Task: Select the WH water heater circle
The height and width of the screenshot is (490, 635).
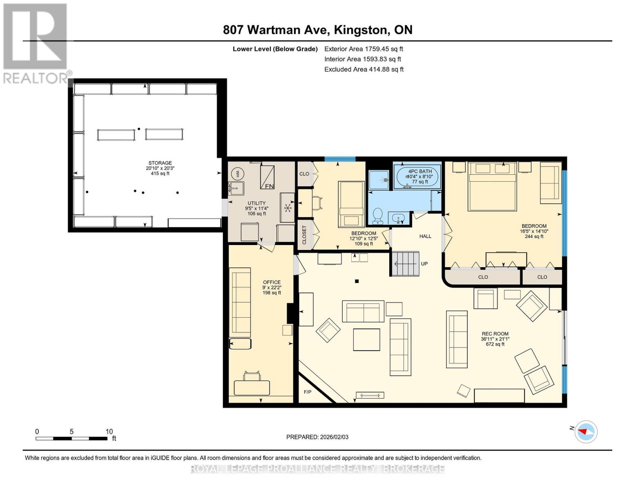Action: [236, 174]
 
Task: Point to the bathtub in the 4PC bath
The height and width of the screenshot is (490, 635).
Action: [417, 176]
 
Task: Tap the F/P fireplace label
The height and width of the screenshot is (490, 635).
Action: [307, 392]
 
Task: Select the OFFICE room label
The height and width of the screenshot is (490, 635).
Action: [272, 282]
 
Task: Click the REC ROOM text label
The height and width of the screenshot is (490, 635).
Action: [495, 334]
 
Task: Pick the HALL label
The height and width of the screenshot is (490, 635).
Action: [425, 236]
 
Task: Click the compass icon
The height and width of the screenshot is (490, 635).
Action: [586, 432]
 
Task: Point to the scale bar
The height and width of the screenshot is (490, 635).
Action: [72, 439]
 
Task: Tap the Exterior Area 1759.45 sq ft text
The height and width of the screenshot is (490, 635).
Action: [363, 49]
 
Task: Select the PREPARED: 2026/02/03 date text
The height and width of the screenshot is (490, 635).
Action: [317, 437]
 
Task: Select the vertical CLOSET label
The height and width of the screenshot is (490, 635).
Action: [304, 235]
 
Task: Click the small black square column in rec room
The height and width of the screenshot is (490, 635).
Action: [357, 281]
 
